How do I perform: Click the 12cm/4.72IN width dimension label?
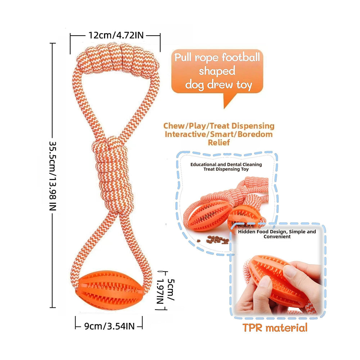(116, 35)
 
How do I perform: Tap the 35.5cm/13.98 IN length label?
(53, 176)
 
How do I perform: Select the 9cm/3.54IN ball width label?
(109, 326)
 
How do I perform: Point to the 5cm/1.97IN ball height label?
(166, 291)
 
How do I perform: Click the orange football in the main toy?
(110, 290)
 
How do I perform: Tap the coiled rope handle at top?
(118, 59)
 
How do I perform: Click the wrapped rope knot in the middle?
(113, 175)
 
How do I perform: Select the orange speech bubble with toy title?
(217, 76)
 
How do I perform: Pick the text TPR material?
(275, 328)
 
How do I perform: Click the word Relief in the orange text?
(219, 143)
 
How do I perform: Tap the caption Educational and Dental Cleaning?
(226, 165)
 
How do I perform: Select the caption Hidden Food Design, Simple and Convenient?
(277, 234)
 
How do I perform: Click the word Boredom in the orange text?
(255, 134)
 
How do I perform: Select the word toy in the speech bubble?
(244, 85)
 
